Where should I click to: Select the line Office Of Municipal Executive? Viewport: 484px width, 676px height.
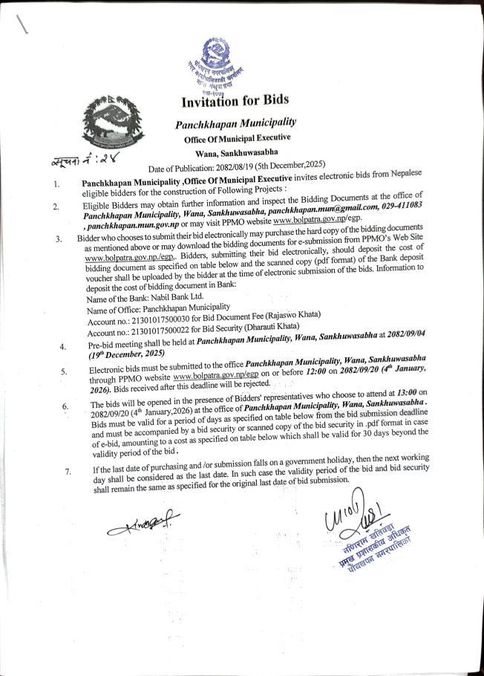click(x=237, y=138)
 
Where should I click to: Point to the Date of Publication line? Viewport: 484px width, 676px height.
click(x=252, y=166)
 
